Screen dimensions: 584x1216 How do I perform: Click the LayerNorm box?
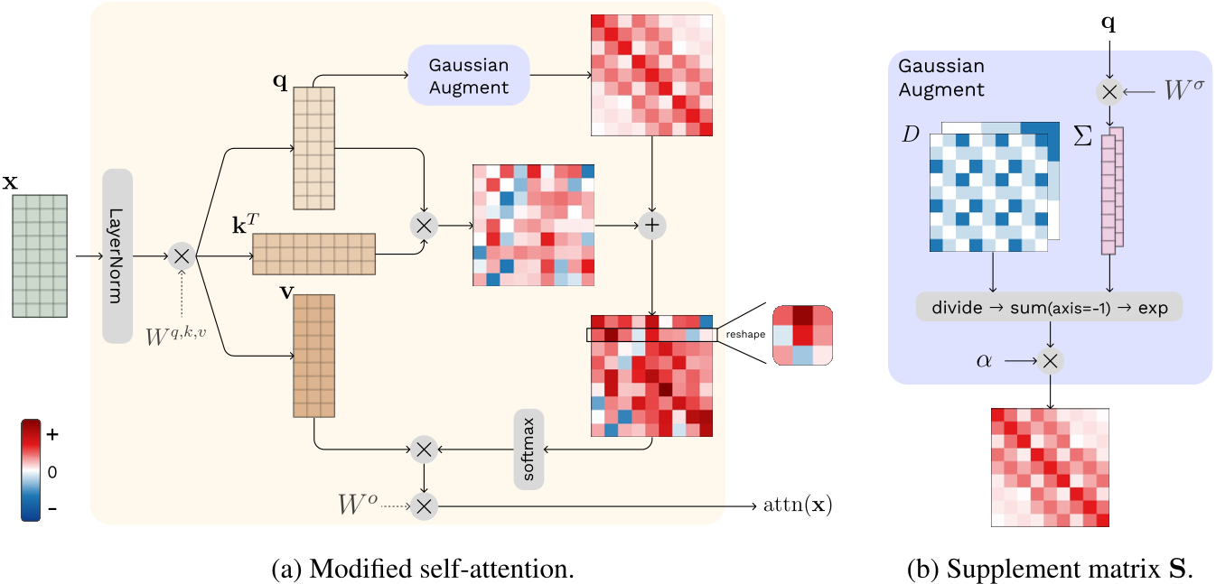(118, 256)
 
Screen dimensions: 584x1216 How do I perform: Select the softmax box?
(528, 449)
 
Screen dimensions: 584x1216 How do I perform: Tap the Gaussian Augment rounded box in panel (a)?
(468, 76)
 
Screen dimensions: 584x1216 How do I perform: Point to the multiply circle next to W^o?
(424, 505)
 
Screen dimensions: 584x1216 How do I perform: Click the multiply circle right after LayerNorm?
(182, 256)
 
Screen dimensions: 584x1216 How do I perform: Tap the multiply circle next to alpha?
(1050, 361)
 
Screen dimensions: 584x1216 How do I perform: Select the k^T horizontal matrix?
(313, 253)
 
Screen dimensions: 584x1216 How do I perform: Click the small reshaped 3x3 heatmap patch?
(801, 335)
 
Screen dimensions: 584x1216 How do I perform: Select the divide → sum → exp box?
(1049, 308)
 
